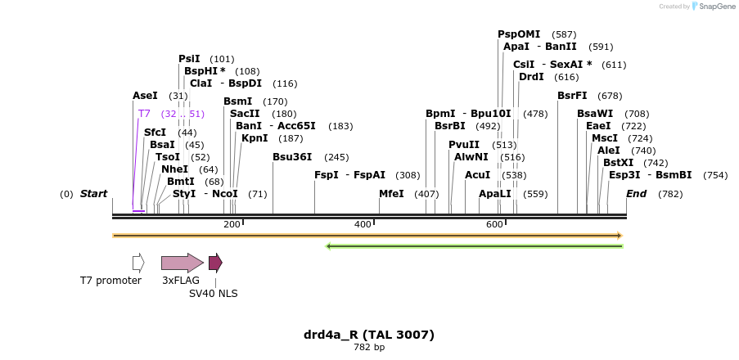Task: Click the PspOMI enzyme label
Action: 519,34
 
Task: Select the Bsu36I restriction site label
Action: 292,157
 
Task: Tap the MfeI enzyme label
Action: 391,194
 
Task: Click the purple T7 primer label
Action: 144,114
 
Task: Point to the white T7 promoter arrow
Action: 138,263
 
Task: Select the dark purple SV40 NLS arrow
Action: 215,263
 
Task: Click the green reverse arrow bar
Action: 475,245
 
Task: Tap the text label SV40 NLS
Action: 214,293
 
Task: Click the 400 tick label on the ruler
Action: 363,225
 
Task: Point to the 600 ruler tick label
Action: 494,225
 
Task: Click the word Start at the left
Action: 93,194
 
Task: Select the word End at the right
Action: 636,194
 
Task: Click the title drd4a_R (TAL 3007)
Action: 369,335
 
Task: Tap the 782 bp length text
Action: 369,348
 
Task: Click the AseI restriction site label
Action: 145,96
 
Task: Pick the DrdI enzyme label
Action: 531,77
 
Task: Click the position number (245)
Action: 336,157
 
